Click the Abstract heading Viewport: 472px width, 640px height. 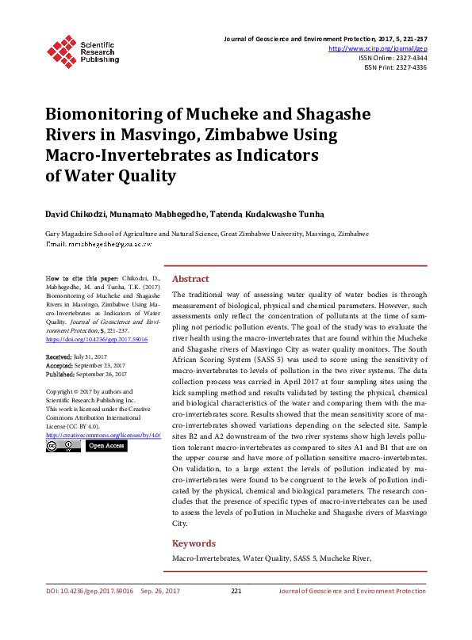(190, 279)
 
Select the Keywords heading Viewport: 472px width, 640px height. (194, 543)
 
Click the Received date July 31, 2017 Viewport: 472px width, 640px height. (90, 358)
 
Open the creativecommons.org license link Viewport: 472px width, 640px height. (103, 435)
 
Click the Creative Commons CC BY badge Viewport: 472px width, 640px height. (63, 446)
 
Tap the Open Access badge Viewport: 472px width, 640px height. (106, 446)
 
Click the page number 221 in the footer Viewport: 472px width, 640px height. (236, 591)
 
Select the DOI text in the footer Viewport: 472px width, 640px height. (88, 591)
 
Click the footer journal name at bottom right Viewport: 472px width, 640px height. (351, 591)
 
